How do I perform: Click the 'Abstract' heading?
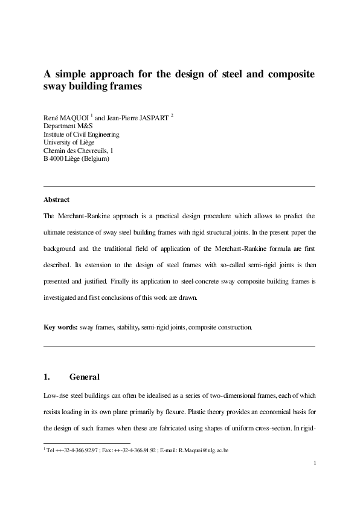click(x=56, y=199)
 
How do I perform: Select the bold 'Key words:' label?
click(x=60, y=328)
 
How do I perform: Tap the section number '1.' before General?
click(x=47, y=377)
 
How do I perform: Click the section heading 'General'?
click(x=85, y=377)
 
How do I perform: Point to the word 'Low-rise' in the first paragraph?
click(x=56, y=395)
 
